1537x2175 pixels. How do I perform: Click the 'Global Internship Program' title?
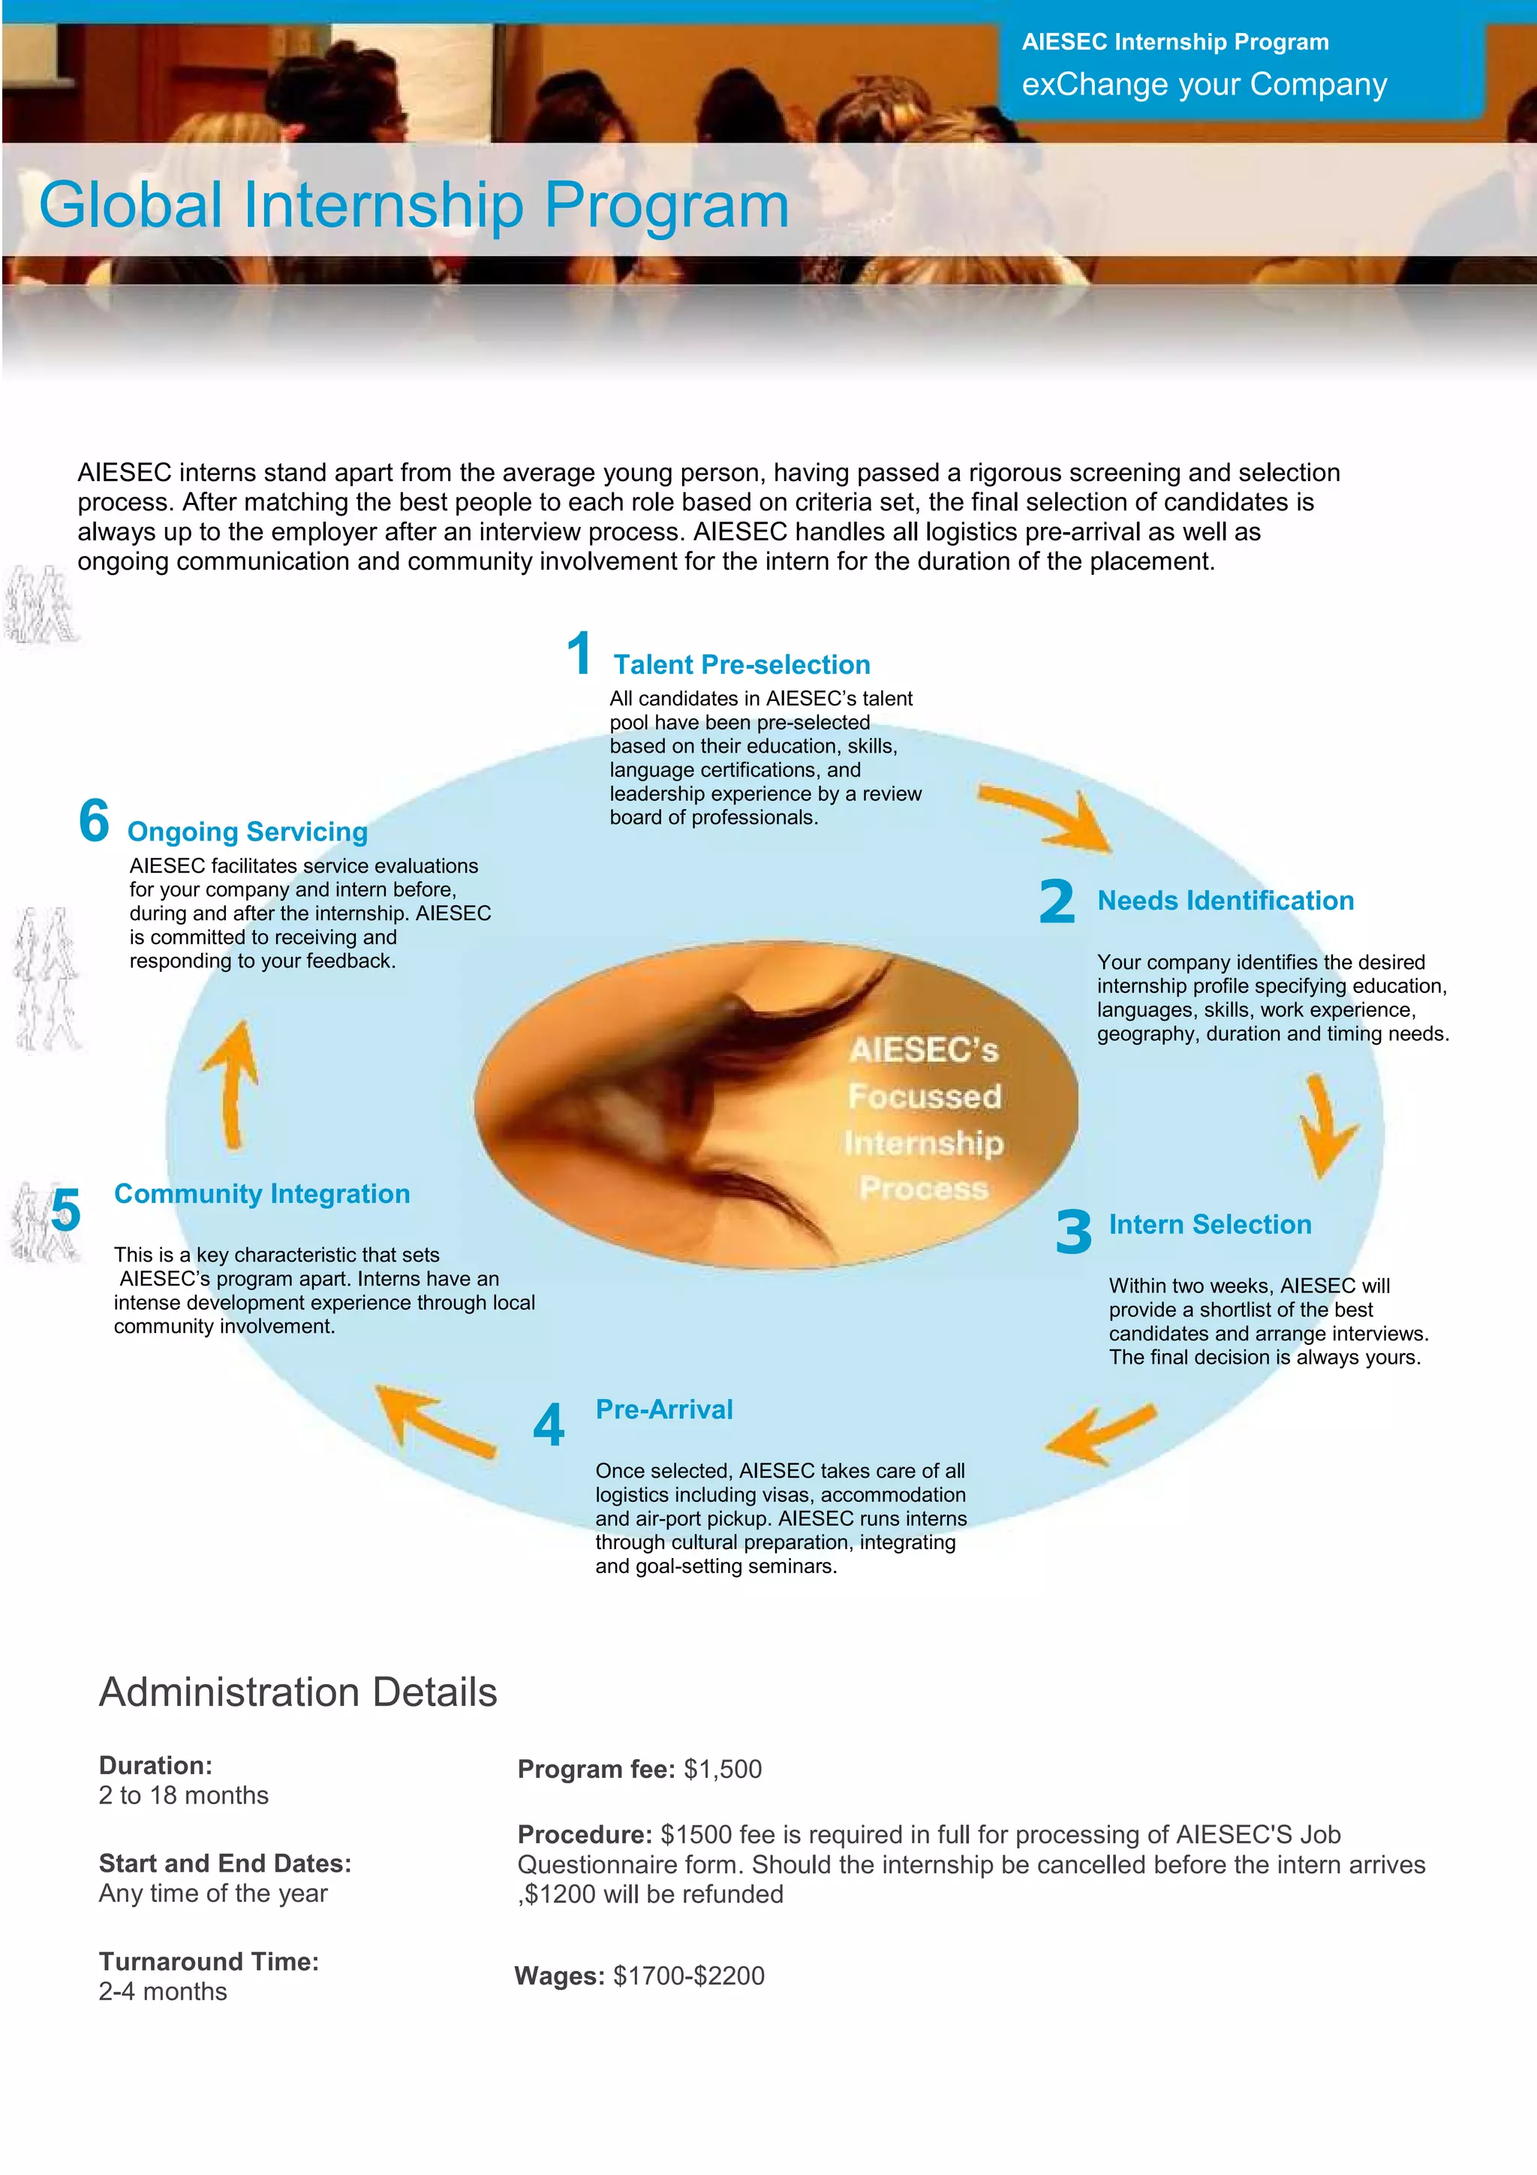click(x=414, y=205)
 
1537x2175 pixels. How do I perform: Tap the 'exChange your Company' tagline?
click(x=1204, y=84)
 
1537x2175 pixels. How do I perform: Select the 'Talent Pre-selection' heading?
click(x=741, y=664)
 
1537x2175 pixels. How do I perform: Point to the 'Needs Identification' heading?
click(x=1226, y=900)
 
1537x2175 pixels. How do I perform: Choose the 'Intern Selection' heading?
click(x=1211, y=1224)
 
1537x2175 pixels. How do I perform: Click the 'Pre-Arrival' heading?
click(x=664, y=1409)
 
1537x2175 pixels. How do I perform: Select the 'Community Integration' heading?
click(x=263, y=1193)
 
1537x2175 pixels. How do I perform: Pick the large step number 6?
click(x=94, y=820)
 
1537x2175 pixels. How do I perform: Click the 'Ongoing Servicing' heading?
click(x=247, y=831)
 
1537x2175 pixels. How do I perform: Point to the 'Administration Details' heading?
click(x=298, y=1692)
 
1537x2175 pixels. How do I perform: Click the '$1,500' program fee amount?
click(x=723, y=1769)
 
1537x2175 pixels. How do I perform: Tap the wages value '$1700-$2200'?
click(x=688, y=1975)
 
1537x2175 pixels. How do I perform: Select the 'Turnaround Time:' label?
click(x=209, y=1961)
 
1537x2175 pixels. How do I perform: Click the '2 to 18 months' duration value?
click(x=184, y=1795)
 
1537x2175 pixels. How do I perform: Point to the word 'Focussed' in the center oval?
click(x=925, y=1096)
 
